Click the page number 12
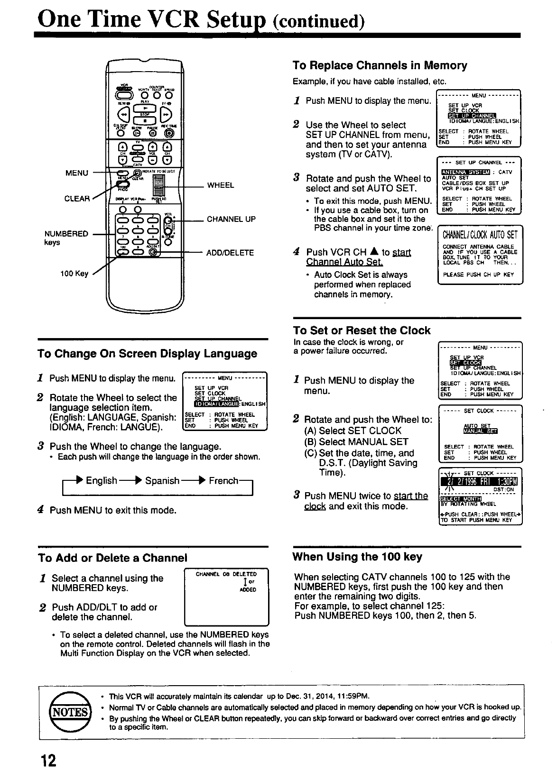[x=48, y=760]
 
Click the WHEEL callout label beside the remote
[x=221, y=185]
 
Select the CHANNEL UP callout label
[x=231, y=219]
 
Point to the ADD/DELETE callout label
[x=230, y=253]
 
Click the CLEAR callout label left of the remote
[x=76, y=199]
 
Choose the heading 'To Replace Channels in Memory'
[x=380, y=65]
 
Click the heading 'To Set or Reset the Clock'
[x=362, y=330]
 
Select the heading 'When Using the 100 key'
[x=357, y=557]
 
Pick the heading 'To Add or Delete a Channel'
[x=112, y=558]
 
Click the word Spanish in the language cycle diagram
[x=162, y=481]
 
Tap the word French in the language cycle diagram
[x=223, y=481]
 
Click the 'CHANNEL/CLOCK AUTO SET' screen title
[x=479, y=235]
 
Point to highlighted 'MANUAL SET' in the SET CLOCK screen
[x=480, y=431]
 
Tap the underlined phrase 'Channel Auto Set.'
[x=344, y=262]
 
